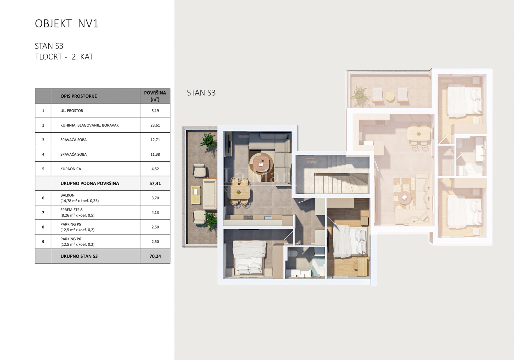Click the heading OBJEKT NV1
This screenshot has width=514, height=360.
[x=67, y=24]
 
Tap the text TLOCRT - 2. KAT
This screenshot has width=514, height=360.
[x=64, y=57]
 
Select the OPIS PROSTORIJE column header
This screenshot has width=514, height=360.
[x=79, y=96]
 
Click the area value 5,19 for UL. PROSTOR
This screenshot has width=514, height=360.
[x=155, y=111]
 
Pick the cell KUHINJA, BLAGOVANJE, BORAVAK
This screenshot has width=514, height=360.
[x=89, y=125]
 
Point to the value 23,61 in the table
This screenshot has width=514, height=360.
[x=155, y=125]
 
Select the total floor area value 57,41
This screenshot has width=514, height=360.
[x=155, y=183]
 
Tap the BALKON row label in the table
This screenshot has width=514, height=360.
[x=67, y=195]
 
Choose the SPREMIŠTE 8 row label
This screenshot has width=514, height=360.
[x=71, y=210]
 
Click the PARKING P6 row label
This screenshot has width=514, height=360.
[x=71, y=239]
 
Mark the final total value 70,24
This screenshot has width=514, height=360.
[x=155, y=256]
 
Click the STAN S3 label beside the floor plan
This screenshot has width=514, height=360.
[x=201, y=93]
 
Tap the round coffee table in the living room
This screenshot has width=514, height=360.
[x=262, y=163]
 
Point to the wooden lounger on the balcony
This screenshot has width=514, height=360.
[x=196, y=195]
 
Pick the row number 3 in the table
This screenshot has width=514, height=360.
[x=43, y=140]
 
